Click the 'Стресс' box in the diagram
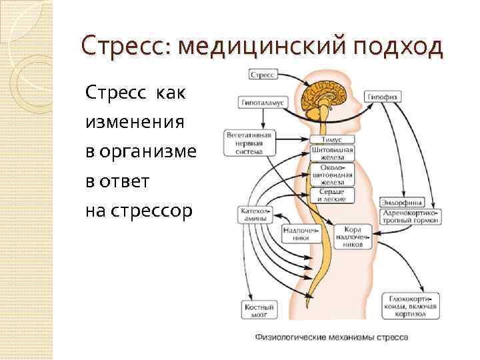[263, 75]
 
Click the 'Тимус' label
[331, 141]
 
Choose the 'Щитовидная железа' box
[331, 154]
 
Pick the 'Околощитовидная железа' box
[331, 175]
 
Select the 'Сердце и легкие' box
[331, 195]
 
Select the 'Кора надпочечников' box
[353, 236]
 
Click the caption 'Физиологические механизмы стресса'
[331, 337]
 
